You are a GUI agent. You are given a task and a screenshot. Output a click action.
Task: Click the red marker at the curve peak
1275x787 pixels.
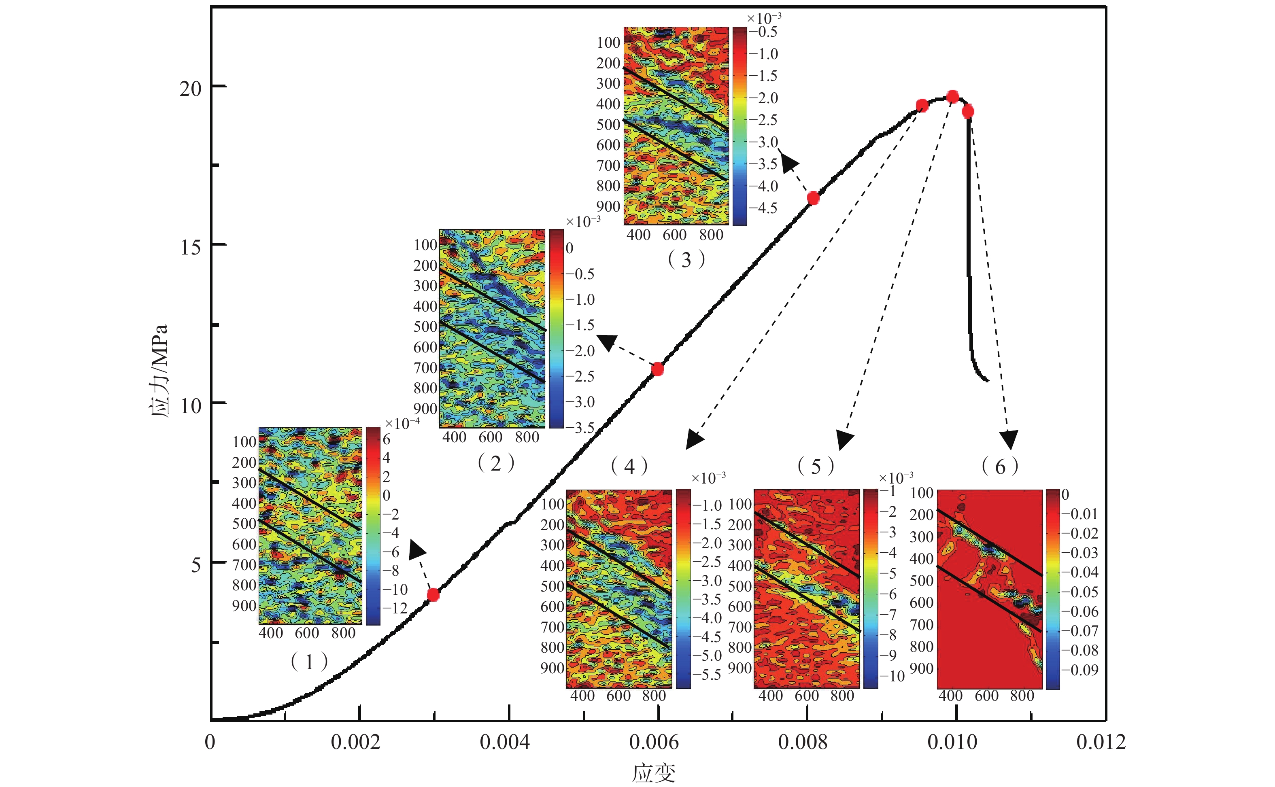[x=952, y=97]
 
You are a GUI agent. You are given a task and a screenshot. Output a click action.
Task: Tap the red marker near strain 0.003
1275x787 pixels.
[x=433, y=594]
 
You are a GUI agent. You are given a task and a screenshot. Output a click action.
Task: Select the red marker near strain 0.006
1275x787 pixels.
[x=658, y=369]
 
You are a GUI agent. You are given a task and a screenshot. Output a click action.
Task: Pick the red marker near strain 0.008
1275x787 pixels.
[x=813, y=198]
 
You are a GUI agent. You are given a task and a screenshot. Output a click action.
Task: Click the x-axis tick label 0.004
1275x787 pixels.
[x=504, y=742]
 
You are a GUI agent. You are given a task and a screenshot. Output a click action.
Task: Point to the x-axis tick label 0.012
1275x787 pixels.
[x=1101, y=742]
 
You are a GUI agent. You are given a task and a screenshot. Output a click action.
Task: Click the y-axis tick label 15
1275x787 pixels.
[x=191, y=247]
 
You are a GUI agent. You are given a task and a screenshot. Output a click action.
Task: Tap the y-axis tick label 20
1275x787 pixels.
[x=191, y=89]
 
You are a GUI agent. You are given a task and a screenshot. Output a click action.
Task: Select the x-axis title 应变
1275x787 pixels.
[x=654, y=773]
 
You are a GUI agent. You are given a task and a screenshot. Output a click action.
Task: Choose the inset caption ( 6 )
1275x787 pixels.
[x=1000, y=467]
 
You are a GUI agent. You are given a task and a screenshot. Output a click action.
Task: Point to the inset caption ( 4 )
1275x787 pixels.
[x=629, y=467]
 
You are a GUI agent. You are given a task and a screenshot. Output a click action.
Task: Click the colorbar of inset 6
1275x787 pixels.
[x=1053, y=589]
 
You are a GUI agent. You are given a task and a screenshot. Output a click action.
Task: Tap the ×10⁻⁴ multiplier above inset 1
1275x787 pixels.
[x=402, y=424]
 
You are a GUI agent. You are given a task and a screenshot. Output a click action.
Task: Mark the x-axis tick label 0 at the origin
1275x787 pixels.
[x=210, y=742]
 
